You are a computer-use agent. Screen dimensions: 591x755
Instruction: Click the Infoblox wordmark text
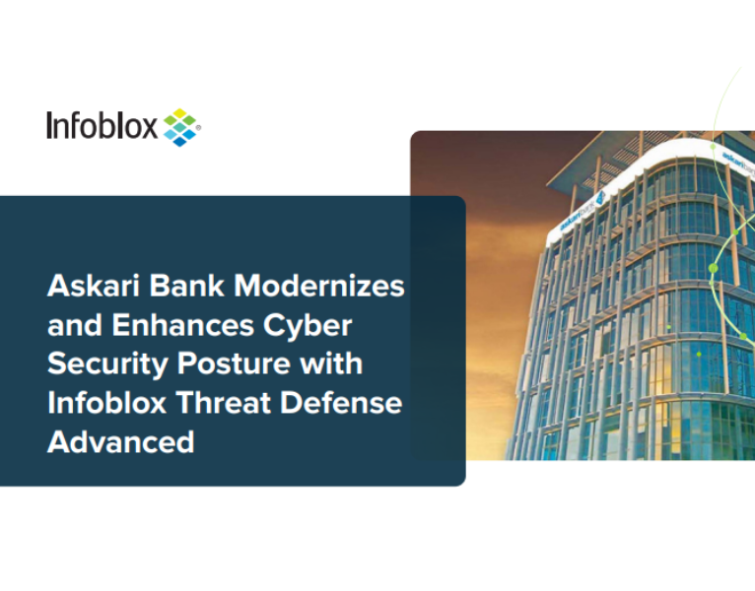tap(102, 126)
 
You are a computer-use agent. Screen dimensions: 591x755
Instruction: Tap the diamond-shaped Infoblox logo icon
tap(180, 126)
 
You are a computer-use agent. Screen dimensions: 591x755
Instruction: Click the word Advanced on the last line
tap(120, 441)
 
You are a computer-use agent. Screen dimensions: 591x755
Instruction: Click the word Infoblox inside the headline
tap(103, 402)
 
